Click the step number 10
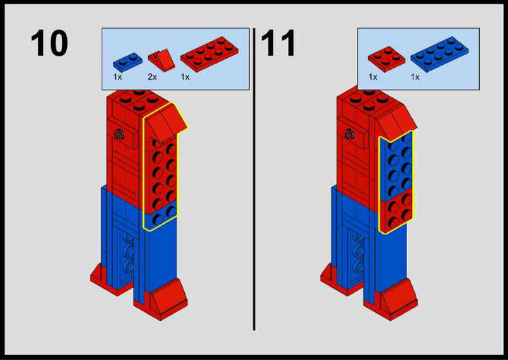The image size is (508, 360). (x=49, y=43)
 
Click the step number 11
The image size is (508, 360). (x=278, y=43)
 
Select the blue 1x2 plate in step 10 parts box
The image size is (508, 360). (x=127, y=62)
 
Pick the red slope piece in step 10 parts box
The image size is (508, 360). (x=162, y=61)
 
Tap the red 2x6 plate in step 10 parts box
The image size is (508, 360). (x=210, y=54)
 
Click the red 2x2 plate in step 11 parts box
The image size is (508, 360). (x=386, y=59)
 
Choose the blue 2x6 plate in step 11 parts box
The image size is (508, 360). (x=440, y=54)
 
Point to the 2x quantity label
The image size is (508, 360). (x=152, y=77)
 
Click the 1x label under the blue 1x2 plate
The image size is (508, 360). (x=117, y=77)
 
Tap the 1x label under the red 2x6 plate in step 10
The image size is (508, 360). (x=185, y=77)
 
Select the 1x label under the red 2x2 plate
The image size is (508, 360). (x=373, y=77)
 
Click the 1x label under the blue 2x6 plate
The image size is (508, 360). (x=415, y=77)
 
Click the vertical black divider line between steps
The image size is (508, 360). (x=254, y=179)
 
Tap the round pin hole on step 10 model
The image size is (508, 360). (x=119, y=134)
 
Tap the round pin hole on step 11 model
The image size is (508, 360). (x=349, y=134)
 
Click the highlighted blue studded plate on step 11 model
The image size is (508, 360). (x=397, y=166)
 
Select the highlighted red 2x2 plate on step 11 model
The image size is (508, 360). (x=397, y=210)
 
